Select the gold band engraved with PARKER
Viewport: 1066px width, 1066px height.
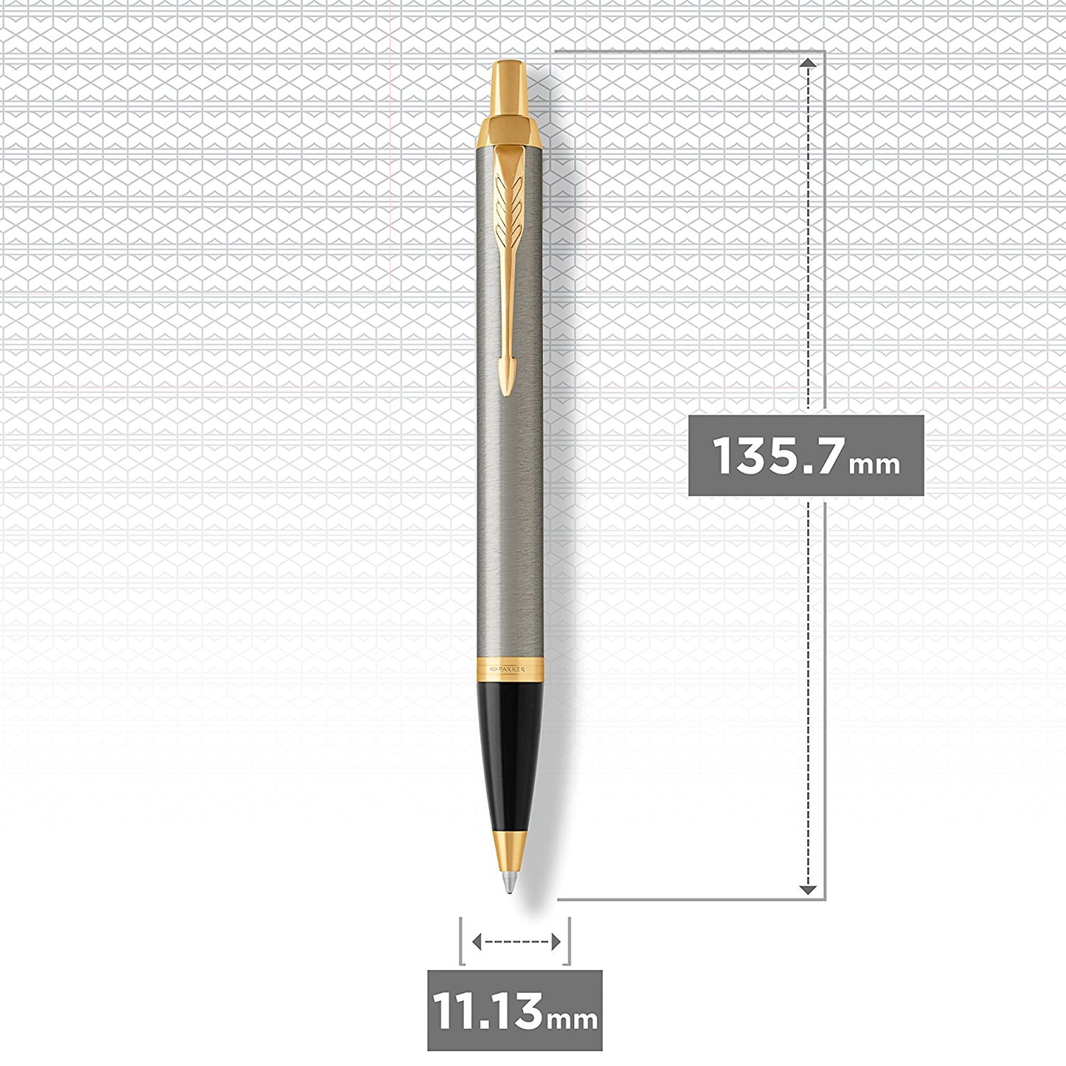point(508,668)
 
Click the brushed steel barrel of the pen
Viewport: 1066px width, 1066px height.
point(508,502)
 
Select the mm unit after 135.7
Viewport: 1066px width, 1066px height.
point(874,465)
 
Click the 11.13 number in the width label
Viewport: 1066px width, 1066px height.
point(487,1011)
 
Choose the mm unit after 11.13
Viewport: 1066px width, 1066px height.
point(572,1019)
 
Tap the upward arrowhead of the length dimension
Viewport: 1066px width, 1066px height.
point(809,65)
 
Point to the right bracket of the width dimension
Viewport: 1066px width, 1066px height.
point(569,941)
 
